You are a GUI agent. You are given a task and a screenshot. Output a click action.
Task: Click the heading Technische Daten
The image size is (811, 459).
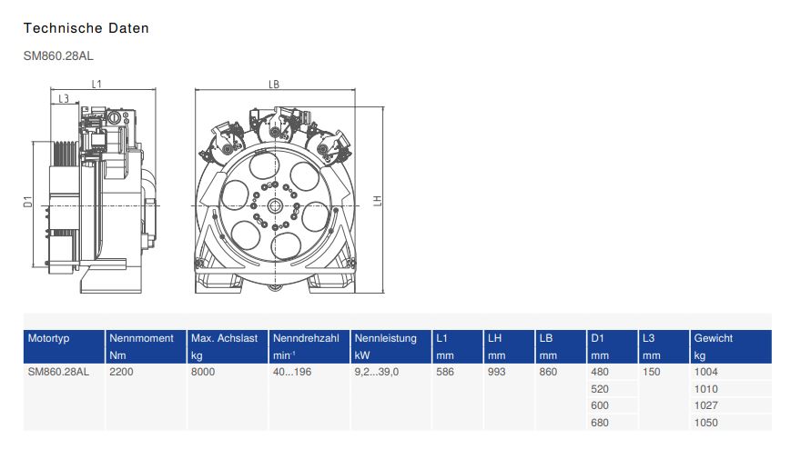pos(86,28)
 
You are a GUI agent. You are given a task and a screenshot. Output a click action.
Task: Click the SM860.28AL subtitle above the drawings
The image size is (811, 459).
pos(58,55)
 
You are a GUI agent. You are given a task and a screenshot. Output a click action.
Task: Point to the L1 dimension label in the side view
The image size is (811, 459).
pos(96,84)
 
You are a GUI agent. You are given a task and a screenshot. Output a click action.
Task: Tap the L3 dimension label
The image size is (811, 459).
pos(64,98)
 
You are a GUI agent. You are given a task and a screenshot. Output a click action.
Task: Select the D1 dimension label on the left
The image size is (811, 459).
pos(28,202)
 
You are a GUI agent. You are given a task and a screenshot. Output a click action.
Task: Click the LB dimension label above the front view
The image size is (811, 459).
pos(274,85)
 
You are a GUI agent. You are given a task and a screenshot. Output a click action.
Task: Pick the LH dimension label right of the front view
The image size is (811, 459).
pos(378,201)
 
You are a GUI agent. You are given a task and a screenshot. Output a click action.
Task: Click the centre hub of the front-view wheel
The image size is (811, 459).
pos(275,206)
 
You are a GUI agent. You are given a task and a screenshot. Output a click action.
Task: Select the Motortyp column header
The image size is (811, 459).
pos(48,338)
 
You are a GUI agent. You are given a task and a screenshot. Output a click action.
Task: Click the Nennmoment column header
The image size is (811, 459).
pos(141,338)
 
